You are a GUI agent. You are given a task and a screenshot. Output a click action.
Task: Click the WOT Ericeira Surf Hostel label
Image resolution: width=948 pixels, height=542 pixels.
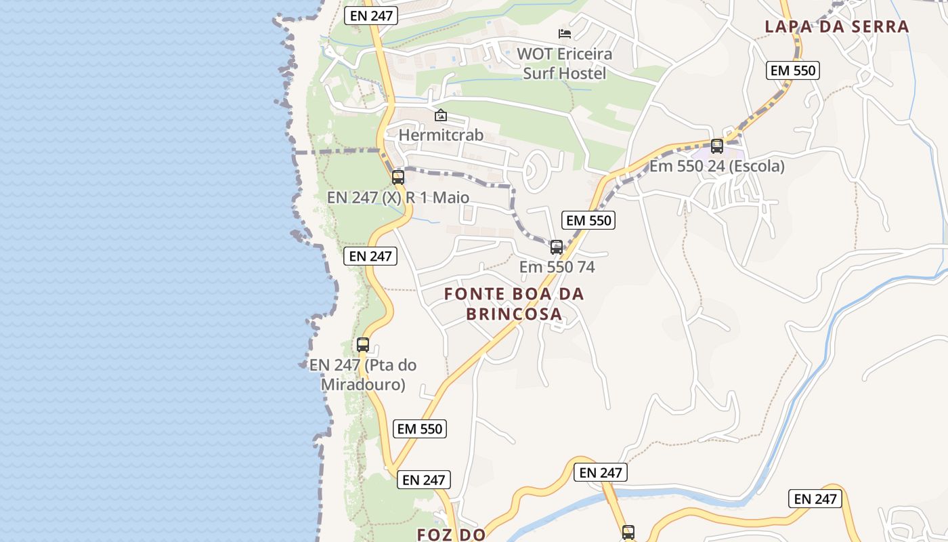(x=564, y=63)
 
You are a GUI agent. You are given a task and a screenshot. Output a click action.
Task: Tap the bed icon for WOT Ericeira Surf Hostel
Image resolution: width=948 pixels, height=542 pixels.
(x=565, y=33)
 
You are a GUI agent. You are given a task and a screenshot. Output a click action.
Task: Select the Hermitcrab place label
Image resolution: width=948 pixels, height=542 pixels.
(x=441, y=135)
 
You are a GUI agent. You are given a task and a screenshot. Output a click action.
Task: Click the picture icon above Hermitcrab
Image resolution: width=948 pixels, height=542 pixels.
(x=441, y=115)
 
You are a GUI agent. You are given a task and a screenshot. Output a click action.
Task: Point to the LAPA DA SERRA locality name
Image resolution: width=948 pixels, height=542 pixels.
(x=837, y=27)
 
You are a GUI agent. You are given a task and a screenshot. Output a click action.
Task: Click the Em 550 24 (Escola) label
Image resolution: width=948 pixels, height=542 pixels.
(x=717, y=166)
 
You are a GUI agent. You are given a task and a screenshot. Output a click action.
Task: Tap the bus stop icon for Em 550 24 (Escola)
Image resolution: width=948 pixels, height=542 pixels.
(x=717, y=146)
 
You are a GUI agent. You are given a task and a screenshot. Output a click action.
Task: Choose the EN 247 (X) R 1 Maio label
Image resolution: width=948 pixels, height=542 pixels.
(x=398, y=198)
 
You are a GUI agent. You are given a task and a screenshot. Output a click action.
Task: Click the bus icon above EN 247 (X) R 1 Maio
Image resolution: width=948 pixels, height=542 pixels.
(x=398, y=178)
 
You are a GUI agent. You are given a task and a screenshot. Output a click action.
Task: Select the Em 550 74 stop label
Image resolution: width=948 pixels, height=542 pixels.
(x=557, y=267)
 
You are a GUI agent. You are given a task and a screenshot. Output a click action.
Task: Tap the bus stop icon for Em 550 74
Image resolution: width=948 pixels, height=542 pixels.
(x=557, y=247)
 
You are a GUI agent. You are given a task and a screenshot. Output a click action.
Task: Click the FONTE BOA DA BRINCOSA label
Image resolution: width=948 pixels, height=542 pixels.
(x=514, y=304)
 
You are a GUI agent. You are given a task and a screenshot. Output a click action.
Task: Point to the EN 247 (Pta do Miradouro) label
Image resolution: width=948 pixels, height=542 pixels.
(x=363, y=375)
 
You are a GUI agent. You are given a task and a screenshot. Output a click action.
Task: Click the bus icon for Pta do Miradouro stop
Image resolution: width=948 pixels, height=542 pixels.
(x=363, y=345)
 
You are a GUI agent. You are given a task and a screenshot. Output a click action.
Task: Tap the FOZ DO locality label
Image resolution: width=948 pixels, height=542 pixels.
(x=451, y=535)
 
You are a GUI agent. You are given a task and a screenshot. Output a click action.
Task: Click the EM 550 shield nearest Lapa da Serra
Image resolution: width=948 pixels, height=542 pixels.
(x=794, y=70)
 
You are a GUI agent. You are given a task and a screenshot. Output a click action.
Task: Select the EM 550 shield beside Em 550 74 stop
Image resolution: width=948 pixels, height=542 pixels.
(x=588, y=220)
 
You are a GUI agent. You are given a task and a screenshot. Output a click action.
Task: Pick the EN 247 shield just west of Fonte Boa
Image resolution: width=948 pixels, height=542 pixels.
(x=370, y=256)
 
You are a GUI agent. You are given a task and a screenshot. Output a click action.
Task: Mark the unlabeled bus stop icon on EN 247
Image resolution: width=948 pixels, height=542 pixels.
(x=628, y=533)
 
